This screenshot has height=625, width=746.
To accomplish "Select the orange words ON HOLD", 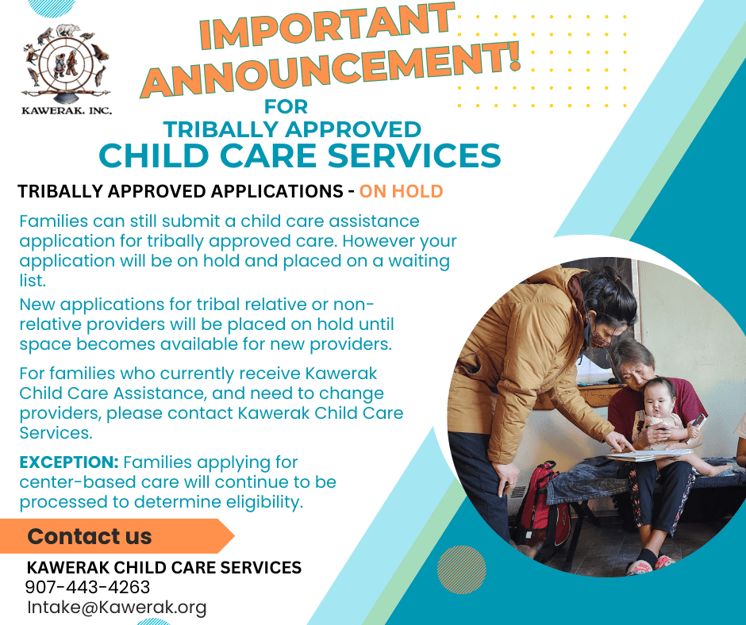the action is (401, 191).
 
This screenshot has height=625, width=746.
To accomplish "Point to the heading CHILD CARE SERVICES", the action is (300, 155).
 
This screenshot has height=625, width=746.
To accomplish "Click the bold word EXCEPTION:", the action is (69, 462).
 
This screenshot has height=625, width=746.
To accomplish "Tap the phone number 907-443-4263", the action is (87, 587).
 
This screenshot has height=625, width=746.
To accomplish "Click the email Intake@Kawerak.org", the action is (117, 608).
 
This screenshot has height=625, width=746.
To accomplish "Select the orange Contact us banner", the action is (117, 536).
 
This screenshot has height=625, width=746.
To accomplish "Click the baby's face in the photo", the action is (659, 401).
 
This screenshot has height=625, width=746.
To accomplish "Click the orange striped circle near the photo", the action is (462, 569).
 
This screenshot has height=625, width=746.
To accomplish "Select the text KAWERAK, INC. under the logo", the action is (67, 111).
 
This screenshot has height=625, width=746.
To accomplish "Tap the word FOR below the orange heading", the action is (286, 106).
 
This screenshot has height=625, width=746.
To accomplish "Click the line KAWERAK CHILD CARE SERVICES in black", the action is (164, 567).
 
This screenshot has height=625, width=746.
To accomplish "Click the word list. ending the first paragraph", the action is (33, 281).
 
